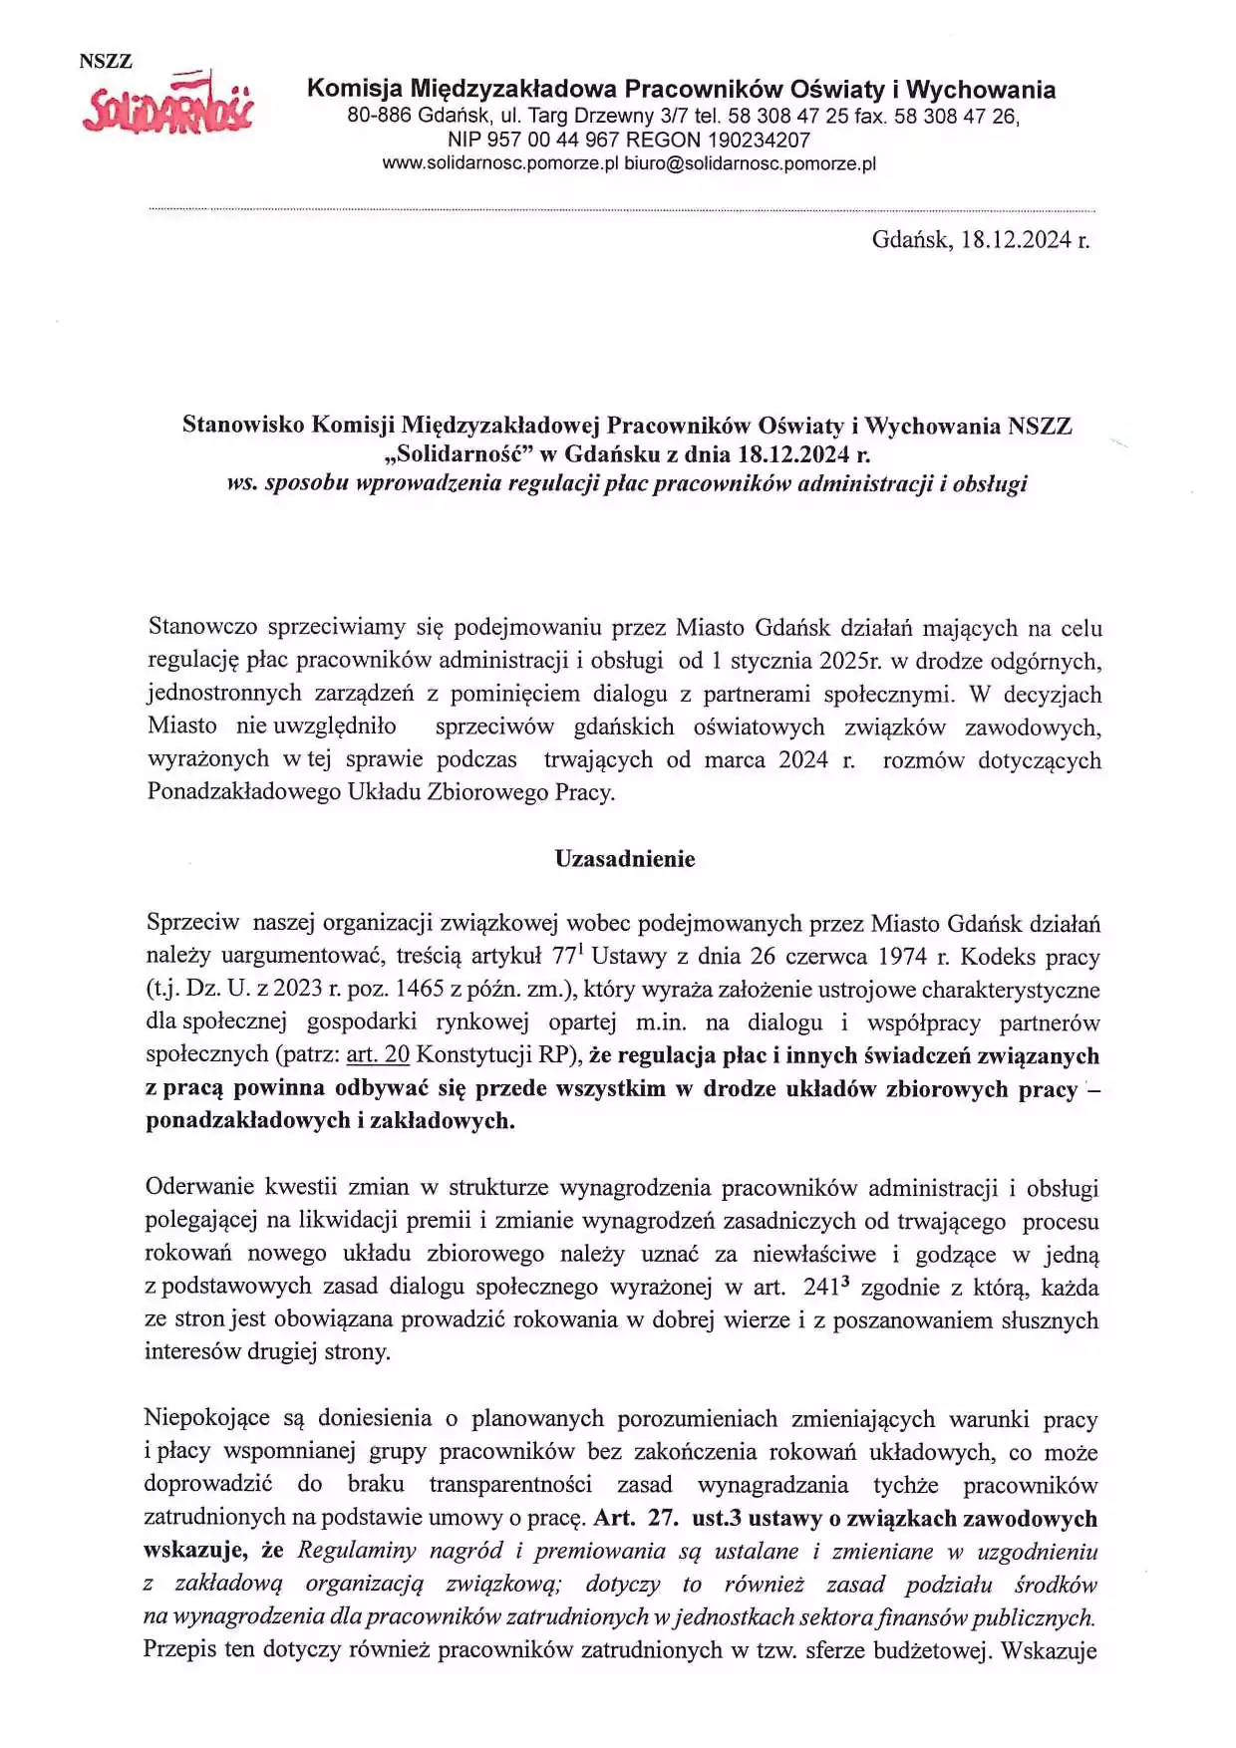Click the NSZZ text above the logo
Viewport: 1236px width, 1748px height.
point(106,61)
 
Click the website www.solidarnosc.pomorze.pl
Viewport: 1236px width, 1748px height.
point(500,164)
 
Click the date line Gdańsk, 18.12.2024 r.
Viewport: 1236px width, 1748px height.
point(980,240)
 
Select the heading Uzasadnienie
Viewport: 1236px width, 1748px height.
point(625,859)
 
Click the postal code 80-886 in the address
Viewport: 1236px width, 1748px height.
point(379,117)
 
